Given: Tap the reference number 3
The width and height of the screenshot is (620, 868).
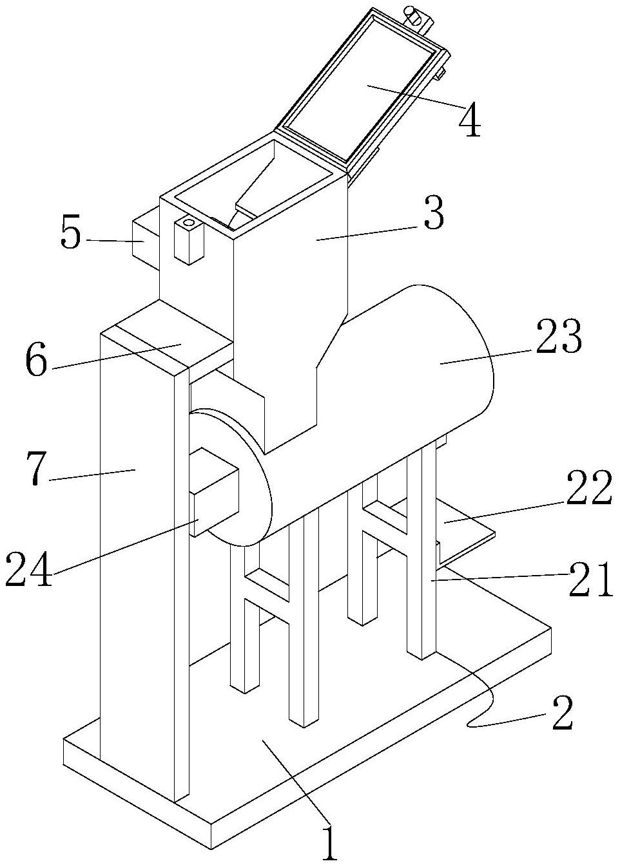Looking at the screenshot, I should click(x=434, y=214).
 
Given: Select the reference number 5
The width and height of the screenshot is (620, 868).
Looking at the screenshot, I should click(x=71, y=235).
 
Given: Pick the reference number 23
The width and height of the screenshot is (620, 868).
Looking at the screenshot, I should click(x=557, y=337).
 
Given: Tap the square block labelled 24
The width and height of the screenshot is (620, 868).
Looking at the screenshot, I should click(x=214, y=489).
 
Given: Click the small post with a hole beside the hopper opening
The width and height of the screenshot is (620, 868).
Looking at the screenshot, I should click(x=188, y=240).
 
